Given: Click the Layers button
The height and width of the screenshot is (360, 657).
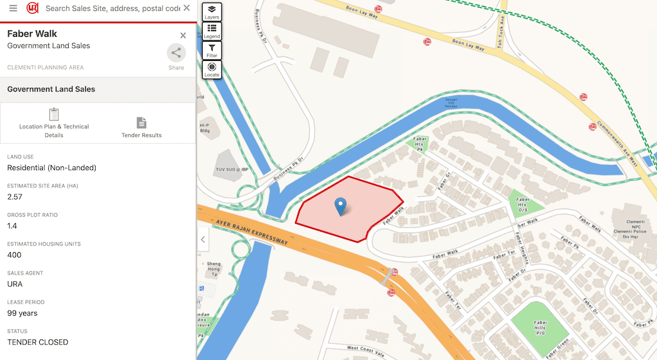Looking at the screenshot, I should click(212, 12).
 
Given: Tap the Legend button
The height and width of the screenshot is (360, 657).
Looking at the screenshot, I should click(212, 31).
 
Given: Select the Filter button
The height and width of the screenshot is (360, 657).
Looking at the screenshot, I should click(212, 50).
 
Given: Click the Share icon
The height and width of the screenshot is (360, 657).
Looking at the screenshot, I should click(176, 53).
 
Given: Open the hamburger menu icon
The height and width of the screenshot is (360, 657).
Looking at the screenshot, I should click(13, 8).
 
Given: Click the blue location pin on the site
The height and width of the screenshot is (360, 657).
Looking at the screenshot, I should click(341, 206).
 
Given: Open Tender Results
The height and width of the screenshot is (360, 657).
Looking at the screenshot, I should click(141, 127).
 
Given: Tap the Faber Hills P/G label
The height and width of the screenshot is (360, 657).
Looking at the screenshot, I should click(540, 326).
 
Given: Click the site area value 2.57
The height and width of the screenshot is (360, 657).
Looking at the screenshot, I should click(15, 197).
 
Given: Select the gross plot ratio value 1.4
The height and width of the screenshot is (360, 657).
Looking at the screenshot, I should click(12, 226).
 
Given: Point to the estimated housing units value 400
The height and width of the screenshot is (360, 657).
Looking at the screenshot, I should click(14, 255).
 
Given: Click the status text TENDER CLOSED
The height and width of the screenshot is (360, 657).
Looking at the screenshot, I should click(37, 342).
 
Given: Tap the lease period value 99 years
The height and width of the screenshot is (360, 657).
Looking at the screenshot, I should click(22, 313).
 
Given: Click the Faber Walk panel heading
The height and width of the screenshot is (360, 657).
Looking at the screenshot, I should click(32, 34).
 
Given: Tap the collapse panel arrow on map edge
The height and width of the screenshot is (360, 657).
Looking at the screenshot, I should click(203, 240).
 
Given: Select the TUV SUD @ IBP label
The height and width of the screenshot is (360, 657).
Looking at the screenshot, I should click(231, 169).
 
